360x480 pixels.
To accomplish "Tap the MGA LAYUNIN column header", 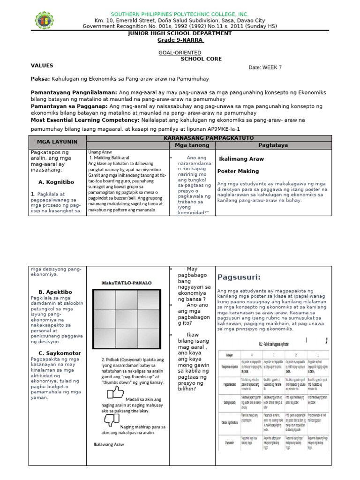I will point(59,142).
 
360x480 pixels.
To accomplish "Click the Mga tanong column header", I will point(192,145).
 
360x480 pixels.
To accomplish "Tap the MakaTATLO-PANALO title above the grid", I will point(125,283).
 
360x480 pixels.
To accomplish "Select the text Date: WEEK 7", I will point(265,67).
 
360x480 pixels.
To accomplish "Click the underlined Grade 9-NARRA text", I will point(180,40).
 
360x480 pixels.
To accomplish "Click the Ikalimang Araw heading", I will point(241,159).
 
